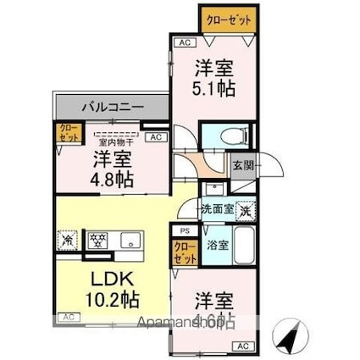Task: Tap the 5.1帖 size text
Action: (x=217, y=86)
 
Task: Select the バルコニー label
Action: (x=112, y=108)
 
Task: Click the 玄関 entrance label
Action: (x=241, y=165)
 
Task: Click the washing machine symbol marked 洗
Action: (x=244, y=209)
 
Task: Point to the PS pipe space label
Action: (x=183, y=230)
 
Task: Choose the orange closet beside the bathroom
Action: (x=182, y=252)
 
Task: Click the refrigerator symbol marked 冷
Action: (x=68, y=239)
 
